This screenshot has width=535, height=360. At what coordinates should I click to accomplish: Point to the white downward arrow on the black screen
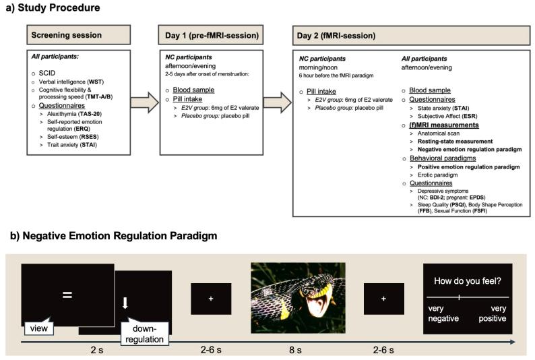125,303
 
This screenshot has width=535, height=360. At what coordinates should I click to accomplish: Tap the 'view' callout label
39,328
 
